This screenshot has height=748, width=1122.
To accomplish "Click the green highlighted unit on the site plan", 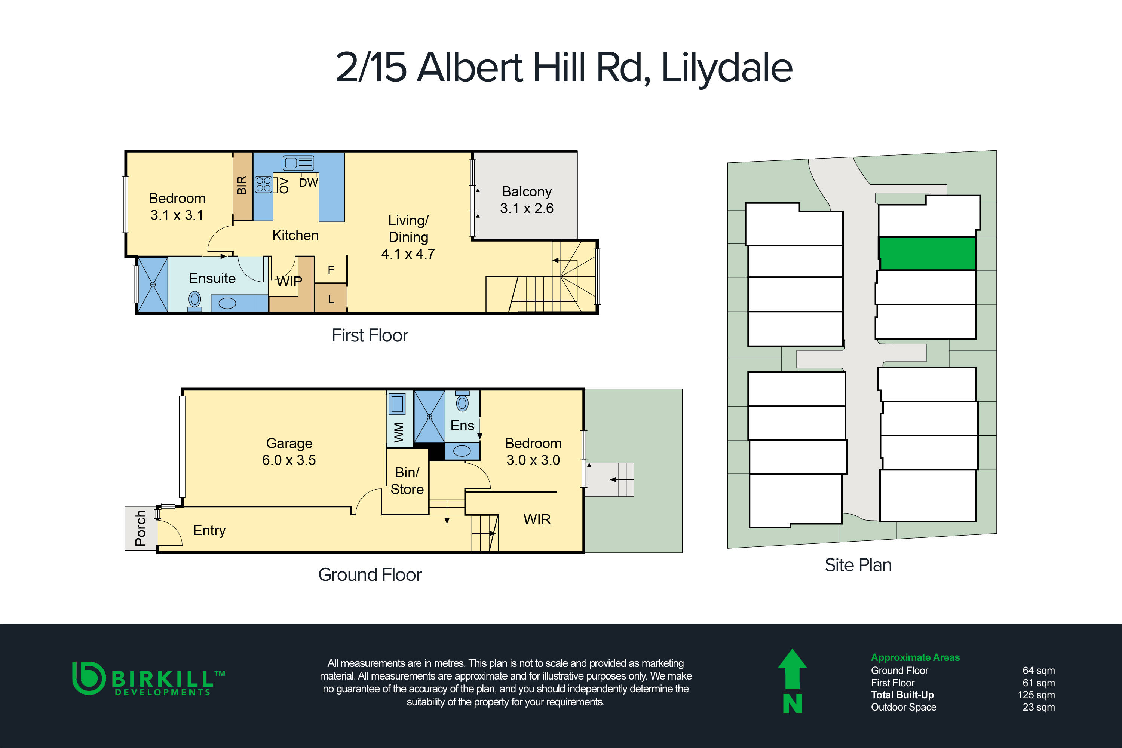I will point(927,254).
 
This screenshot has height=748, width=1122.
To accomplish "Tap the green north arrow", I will point(793,670).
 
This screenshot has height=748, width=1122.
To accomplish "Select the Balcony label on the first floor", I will point(527,192).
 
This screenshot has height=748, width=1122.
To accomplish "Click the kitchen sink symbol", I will point(298,163).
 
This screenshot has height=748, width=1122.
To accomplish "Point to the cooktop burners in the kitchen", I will point(263,184).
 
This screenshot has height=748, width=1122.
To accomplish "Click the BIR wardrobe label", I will point(242,186).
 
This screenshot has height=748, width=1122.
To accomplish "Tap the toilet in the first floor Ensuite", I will point(194,301).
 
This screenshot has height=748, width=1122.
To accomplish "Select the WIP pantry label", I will point(289,282).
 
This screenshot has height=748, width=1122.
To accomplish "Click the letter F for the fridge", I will point(331,270).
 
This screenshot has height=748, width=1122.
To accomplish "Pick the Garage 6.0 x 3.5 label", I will point(289,451).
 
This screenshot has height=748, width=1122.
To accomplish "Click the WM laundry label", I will point(399,432).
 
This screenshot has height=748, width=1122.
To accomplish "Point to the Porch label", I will point(140,528).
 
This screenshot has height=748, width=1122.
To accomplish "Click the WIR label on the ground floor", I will point(537,519).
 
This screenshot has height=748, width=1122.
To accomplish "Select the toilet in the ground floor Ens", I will point(462,402).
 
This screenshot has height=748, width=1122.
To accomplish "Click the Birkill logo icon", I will point(88,678).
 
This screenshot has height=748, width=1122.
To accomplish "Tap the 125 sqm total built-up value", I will point(1036,695).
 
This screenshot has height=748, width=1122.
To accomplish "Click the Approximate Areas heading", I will point(915,657).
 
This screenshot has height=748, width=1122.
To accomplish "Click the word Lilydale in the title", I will point(727,68).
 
